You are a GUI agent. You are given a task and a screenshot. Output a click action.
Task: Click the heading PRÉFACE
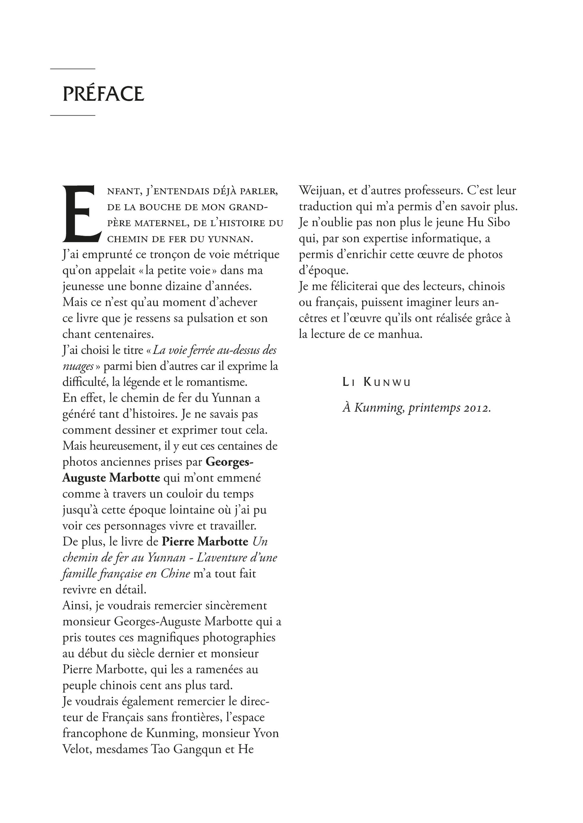pyautogui.click(x=103, y=94)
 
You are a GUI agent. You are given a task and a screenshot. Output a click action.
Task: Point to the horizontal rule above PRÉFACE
pyautogui.click(x=73, y=69)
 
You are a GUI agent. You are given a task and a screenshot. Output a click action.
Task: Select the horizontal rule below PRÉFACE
pyautogui.click(x=73, y=116)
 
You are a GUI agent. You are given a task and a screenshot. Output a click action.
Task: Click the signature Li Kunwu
pyautogui.click(x=377, y=383)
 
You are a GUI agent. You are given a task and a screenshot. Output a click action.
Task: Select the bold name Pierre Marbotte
pyautogui.click(x=205, y=541)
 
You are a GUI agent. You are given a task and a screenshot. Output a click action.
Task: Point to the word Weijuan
pyautogui.click(x=321, y=191)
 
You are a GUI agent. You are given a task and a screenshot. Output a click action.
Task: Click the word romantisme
pyautogui.click(x=217, y=382)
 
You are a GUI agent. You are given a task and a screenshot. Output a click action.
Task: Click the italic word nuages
pyautogui.click(x=77, y=366)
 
